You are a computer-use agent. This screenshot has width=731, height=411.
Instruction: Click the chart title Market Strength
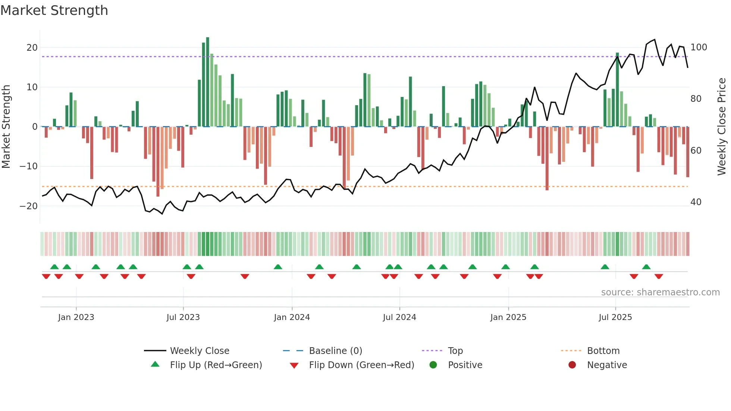click(x=54, y=10)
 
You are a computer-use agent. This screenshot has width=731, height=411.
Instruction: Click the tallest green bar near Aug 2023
click(x=208, y=82)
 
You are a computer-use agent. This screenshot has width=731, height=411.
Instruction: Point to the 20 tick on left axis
click(x=32, y=48)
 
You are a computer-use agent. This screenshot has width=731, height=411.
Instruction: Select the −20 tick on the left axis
click(x=29, y=206)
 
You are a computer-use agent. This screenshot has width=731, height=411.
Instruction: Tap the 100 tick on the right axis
click(x=699, y=47)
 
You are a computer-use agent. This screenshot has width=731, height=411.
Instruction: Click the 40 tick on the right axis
click(x=696, y=202)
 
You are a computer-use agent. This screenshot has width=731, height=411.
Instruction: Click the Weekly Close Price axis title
click(x=722, y=127)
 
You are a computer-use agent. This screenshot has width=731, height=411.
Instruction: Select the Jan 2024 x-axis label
click(x=292, y=317)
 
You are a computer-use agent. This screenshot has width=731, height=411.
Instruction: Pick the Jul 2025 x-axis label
click(x=615, y=317)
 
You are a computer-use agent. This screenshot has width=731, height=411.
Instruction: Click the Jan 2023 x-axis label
click(x=76, y=317)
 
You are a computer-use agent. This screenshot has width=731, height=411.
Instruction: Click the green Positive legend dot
click(x=433, y=365)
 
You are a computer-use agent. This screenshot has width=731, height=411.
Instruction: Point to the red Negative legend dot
click(x=572, y=365)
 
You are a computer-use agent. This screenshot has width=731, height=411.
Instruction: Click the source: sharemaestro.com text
click(x=660, y=292)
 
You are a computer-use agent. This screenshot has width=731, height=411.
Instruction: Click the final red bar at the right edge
click(x=688, y=152)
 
